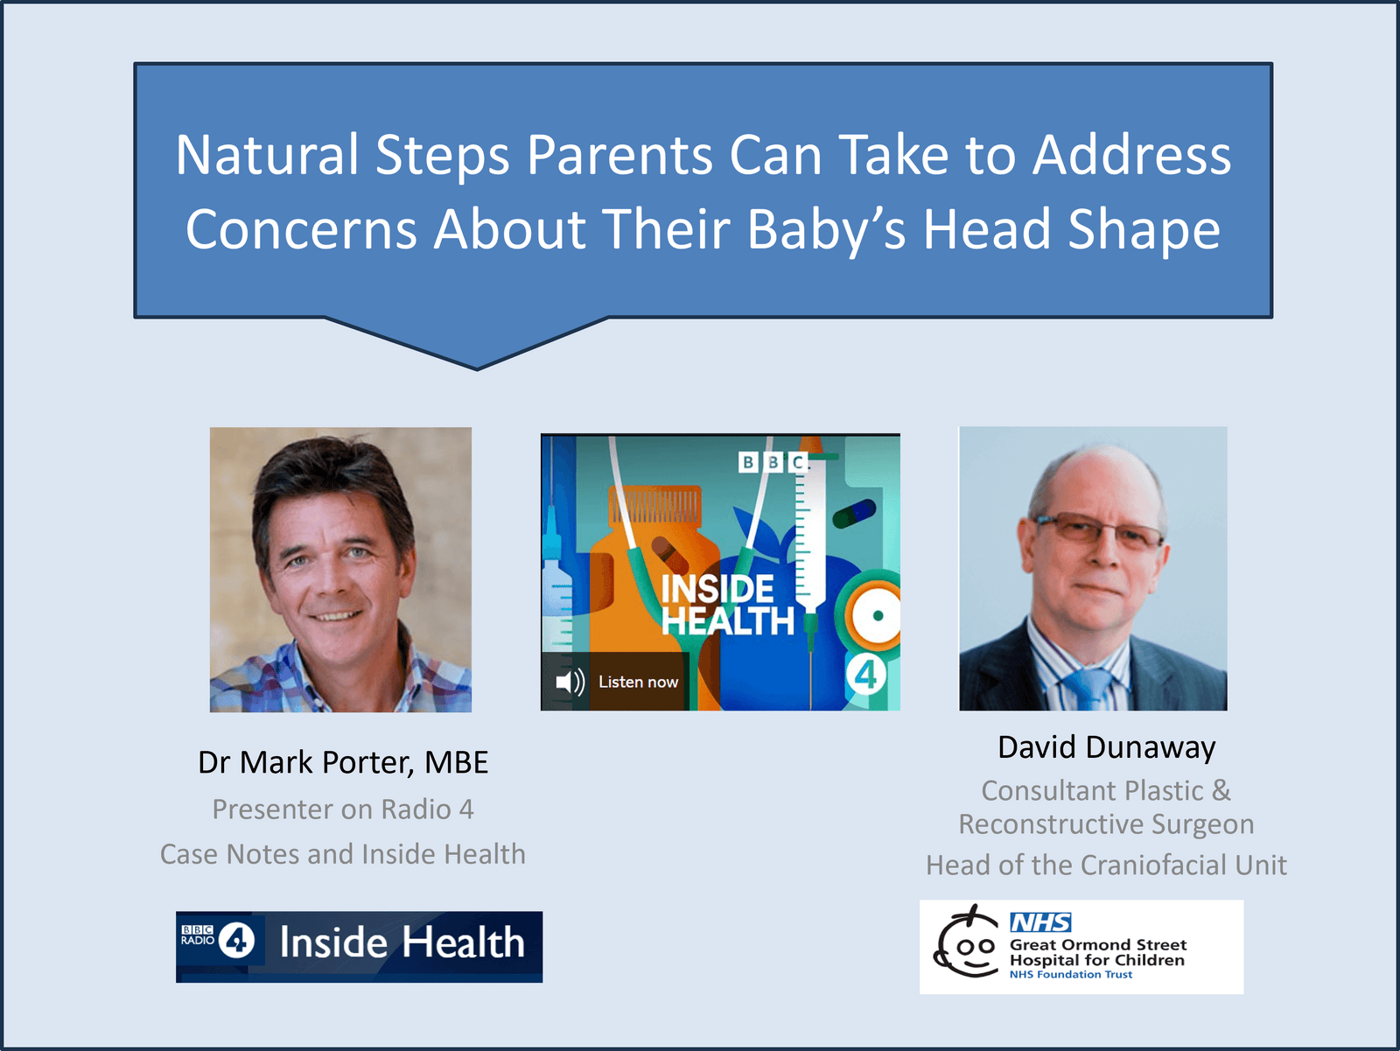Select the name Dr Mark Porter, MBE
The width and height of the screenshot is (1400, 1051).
tap(343, 763)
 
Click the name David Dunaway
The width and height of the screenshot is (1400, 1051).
tap(1107, 748)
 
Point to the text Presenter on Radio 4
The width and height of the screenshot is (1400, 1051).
tap(343, 809)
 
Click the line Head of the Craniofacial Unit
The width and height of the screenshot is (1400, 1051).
tap(1107, 865)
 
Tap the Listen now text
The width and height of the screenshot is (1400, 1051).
tap(638, 682)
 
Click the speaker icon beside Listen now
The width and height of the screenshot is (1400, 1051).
tap(570, 682)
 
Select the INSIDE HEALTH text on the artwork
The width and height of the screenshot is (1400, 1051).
tap(727, 605)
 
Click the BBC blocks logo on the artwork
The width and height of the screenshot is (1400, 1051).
tap(773, 462)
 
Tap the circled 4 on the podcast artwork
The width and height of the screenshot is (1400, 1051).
tap(865, 675)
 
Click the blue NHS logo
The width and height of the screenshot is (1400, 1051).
tap(1041, 922)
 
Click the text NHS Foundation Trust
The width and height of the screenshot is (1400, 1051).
tap(1071, 975)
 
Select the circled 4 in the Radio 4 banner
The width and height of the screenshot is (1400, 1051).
tap(237, 941)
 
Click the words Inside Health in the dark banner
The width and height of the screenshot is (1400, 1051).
tap(402, 942)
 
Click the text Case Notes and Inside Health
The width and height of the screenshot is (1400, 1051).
tap(343, 854)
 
